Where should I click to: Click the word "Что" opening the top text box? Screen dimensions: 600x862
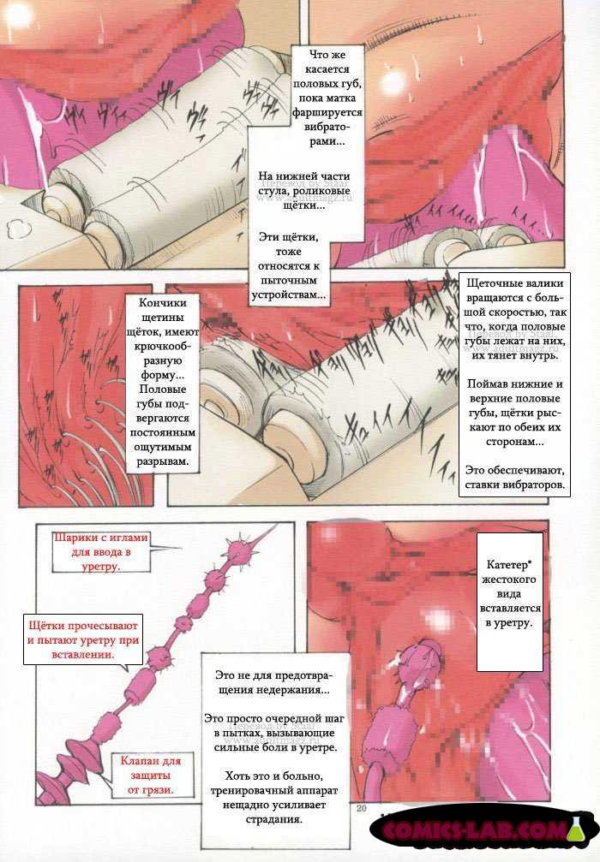(x=319, y=55)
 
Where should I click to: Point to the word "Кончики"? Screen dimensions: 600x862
(x=163, y=303)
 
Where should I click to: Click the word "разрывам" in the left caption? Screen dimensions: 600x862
(x=162, y=461)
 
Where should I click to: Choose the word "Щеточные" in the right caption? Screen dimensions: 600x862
(x=491, y=283)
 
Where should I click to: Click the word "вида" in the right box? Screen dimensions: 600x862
(x=508, y=594)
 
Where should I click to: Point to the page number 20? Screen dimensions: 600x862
(x=361, y=808)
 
